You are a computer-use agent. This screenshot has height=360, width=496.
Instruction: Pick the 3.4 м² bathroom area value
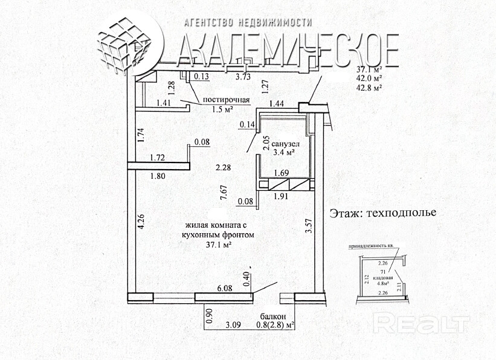pyautogui.click(x=283, y=153)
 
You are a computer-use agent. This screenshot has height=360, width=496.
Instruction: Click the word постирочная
pyautogui.click(x=227, y=100)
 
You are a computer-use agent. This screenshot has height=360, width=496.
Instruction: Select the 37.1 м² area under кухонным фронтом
pyautogui.click(x=219, y=245)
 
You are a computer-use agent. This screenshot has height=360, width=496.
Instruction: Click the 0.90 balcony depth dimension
pyautogui.click(x=209, y=317)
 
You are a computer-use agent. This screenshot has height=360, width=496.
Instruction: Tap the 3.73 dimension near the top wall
pyautogui.click(x=243, y=77)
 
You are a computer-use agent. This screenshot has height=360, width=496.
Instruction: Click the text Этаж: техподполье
pyautogui.click(x=382, y=213)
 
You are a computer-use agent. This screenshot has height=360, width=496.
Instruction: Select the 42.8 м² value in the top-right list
pyautogui.click(x=370, y=88)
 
